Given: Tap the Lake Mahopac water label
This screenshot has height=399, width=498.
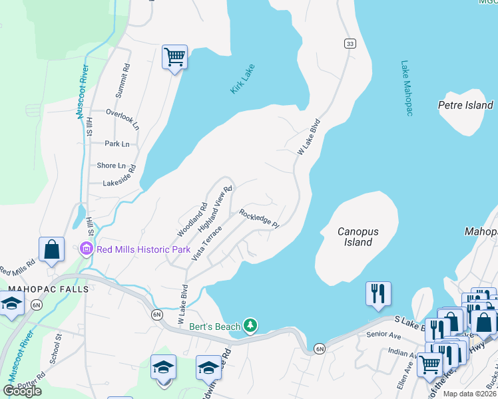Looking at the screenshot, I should click(x=407, y=88).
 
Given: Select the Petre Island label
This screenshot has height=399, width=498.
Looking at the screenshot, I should click(x=465, y=105).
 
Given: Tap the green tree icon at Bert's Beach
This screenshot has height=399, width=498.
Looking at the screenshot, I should click(x=250, y=325).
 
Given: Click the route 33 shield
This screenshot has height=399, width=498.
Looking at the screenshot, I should click(x=350, y=44).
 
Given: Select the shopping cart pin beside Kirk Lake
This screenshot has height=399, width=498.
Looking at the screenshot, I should click(x=174, y=57).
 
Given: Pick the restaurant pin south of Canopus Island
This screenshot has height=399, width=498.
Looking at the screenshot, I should click(x=378, y=293).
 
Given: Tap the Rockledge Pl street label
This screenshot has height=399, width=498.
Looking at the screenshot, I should click(x=259, y=217).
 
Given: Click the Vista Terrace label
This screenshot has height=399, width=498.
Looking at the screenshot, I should click(x=207, y=243).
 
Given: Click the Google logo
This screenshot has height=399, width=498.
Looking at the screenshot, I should click(x=23, y=391).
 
